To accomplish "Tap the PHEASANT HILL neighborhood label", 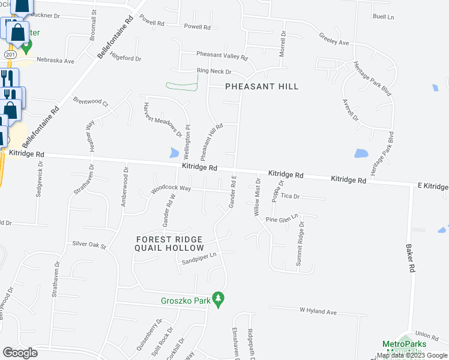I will click(262, 86).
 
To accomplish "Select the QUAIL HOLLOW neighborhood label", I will click(169, 248).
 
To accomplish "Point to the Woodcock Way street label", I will click(171, 188).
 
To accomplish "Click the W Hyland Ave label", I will click(318, 310).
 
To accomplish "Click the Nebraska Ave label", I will click(55, 61).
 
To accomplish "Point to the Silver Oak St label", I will click(89, 245).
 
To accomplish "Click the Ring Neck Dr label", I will click(214, 71).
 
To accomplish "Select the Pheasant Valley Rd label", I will click(222, 55).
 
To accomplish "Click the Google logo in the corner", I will click(20, 352).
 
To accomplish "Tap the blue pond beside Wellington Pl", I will click(175, 152).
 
